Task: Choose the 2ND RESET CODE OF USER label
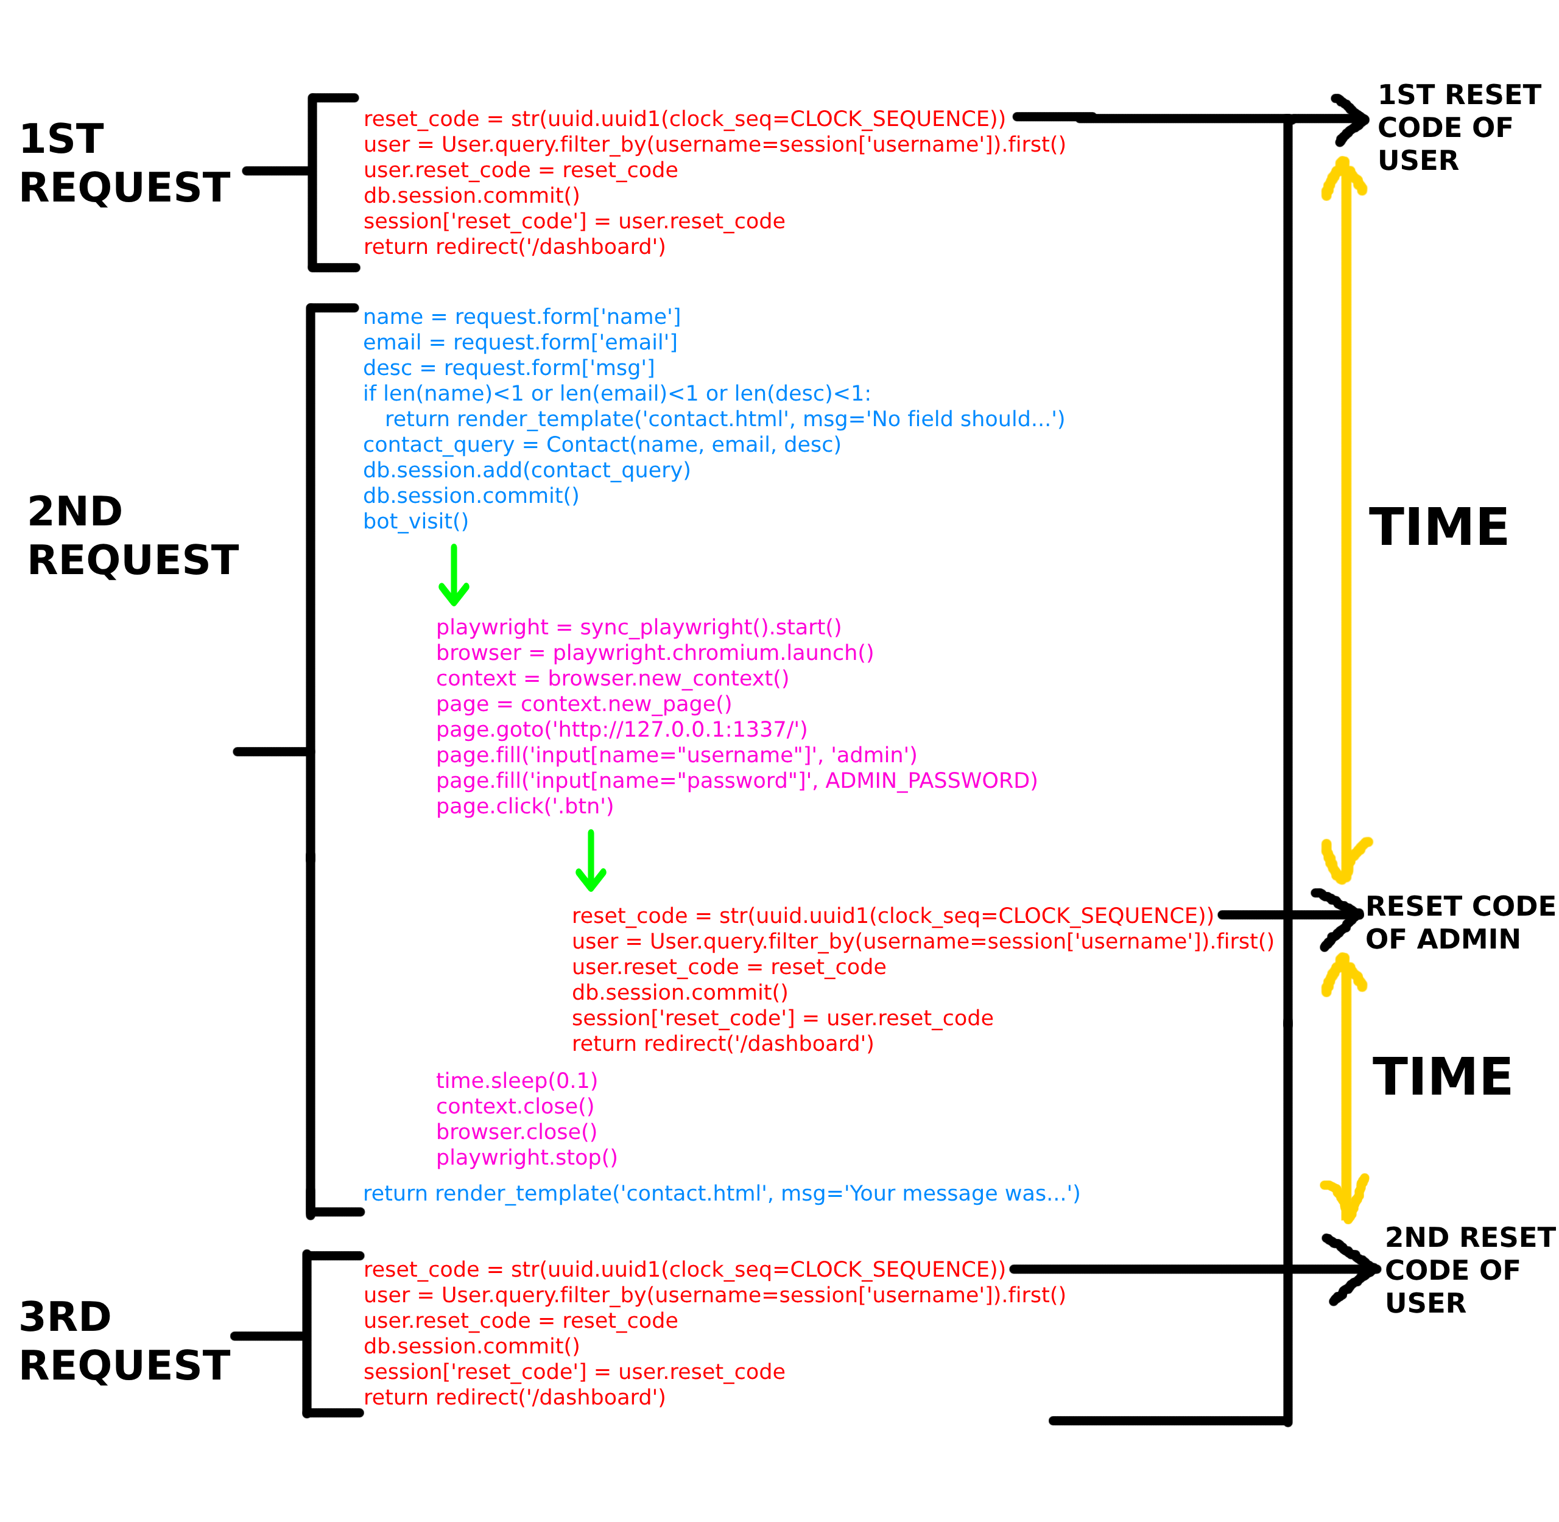pos(1469,1269)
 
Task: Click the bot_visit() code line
pos(415,521)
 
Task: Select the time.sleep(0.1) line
pos(516,1081)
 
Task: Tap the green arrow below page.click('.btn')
pos(591,860)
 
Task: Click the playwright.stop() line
pos(527,1157)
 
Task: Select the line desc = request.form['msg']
pos(509,368)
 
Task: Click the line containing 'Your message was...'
pos(721,1193)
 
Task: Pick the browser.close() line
pos(516,1132)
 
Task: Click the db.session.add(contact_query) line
pos(526,470)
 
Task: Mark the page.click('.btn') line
pos(524,806)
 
